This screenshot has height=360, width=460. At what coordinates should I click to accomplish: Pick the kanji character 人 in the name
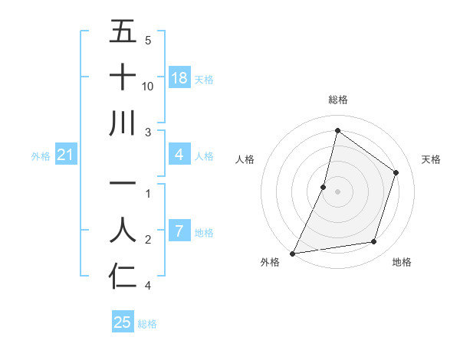click(x=123, y=230)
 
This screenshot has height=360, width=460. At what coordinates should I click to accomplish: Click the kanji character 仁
click(x=123, y=277)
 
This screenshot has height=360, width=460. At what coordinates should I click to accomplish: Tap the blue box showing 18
click(x=179, y=78)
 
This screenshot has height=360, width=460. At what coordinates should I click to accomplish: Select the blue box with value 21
click(x=66, y=155)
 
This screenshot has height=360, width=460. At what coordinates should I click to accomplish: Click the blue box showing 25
click(x=123, y=322)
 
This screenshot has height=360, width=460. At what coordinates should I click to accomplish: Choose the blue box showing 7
click(x=179, y=231)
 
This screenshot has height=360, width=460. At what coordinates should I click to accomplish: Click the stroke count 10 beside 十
click(x=148, y=87)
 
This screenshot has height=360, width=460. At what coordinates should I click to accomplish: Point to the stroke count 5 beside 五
click(x=148, y=40)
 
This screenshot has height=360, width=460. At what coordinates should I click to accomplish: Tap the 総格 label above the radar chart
click(x=338, y=100)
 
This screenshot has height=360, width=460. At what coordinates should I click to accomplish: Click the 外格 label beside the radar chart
click(x=270, y=263)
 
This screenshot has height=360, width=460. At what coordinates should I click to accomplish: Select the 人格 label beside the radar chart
click(x=245, y=159)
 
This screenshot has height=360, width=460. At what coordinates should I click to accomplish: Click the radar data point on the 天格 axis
click(x=396, y=172)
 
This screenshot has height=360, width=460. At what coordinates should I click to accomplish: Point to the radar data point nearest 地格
click(x=374, y=242)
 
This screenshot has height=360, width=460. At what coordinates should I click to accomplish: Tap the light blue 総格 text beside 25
click(x=147, y=324)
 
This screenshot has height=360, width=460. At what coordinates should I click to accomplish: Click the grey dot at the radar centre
click(x=338, y=191)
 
